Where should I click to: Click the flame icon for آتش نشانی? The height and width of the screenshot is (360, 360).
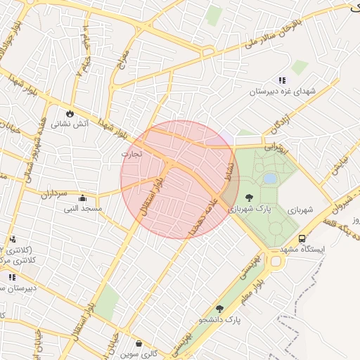coord(70,113)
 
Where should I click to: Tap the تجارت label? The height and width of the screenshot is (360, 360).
coord(131,153)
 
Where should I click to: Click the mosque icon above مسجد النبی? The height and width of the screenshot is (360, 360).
coord(84,198)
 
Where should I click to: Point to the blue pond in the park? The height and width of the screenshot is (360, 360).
coord(270,179)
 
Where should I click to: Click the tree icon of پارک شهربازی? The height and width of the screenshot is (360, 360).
coord(250,198)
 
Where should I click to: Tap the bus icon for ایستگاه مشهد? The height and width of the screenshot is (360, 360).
coord(302,239)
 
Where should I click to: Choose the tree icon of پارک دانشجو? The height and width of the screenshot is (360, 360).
coord(219,309)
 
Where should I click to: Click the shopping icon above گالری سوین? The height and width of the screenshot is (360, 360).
coord(139,344)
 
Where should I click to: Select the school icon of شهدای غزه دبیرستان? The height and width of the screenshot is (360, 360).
coord(282,81)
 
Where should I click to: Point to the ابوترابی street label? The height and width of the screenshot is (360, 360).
coord(276,149)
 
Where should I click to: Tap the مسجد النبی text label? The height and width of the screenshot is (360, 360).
coord(84,209)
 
